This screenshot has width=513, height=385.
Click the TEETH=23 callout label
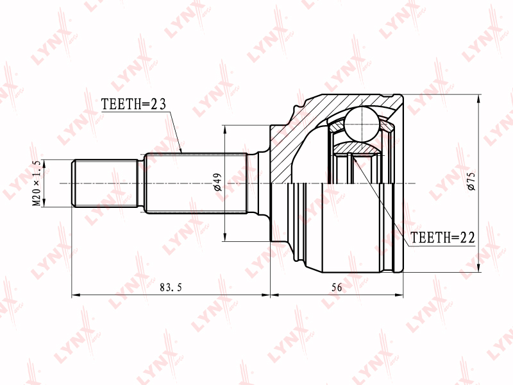click(x=133, y=104)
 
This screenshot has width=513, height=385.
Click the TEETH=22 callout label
click(x=442, y=237)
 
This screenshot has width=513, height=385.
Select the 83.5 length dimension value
click(x=171, y=287)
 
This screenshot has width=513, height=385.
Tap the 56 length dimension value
click(x=337, y=287)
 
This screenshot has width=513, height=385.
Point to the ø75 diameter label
click(x=471, y=181)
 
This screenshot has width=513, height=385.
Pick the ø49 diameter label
click(x=217, y=182)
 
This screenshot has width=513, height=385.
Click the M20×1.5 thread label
click(x=37, y=183)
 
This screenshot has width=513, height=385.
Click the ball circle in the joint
click(x=363, y=124)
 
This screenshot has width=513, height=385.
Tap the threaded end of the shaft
click(x=105, y=184)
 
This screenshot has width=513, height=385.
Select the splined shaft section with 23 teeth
click(x=196, y=184)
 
